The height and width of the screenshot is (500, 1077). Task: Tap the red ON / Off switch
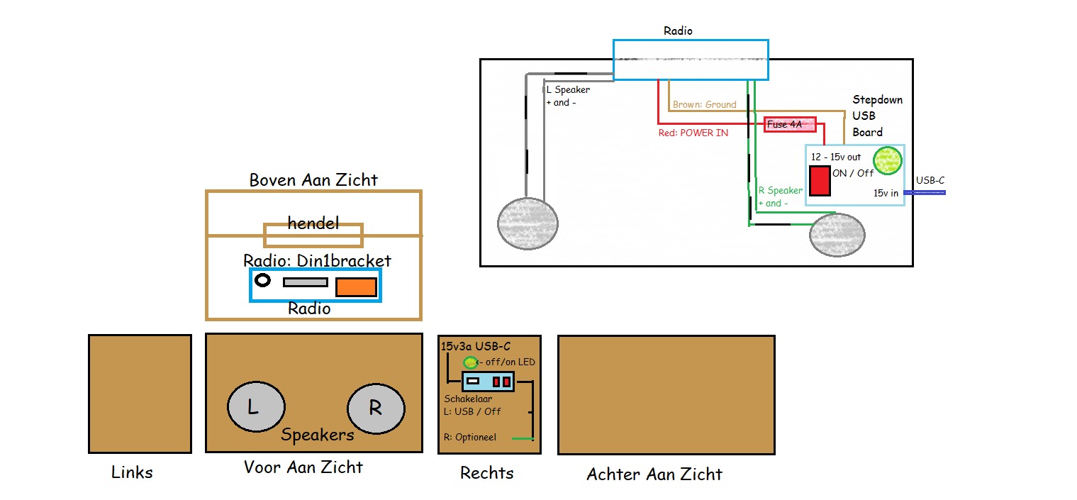point(820,181)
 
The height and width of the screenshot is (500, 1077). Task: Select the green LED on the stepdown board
point(886,161)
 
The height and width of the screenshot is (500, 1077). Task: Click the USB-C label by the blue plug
point(930,181)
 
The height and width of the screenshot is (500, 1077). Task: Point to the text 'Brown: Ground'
point(704,104)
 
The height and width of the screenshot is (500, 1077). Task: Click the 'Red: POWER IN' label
point(693,132)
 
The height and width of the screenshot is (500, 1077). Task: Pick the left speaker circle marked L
point(256,409)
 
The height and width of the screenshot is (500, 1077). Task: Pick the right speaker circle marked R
point(376,409)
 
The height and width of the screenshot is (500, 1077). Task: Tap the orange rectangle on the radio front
point(356,287)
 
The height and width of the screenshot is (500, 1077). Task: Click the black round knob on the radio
point(263,280)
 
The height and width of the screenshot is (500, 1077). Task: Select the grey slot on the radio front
point(306,282)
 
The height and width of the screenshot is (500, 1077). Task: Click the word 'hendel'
point(313,223)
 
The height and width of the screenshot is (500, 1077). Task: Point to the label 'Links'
point(132,472)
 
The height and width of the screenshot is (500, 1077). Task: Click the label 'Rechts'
point(486,473)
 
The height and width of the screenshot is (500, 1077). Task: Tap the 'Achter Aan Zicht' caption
point(654,474)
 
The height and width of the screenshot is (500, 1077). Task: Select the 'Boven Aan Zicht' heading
point(313,180)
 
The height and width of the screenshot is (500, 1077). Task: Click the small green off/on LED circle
point(469,363)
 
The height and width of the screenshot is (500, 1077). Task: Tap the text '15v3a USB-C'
point(476,347)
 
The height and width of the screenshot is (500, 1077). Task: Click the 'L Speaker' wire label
point(568,90)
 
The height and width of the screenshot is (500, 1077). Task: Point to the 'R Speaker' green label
point(781,190)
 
